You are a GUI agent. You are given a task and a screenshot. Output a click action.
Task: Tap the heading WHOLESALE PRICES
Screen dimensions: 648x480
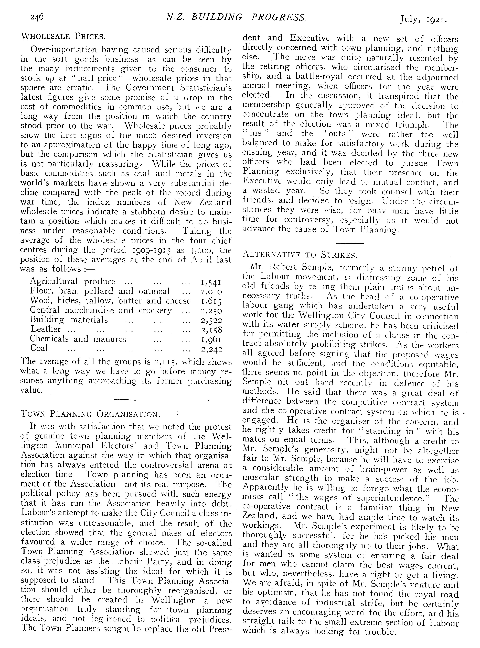click(63, 37)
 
